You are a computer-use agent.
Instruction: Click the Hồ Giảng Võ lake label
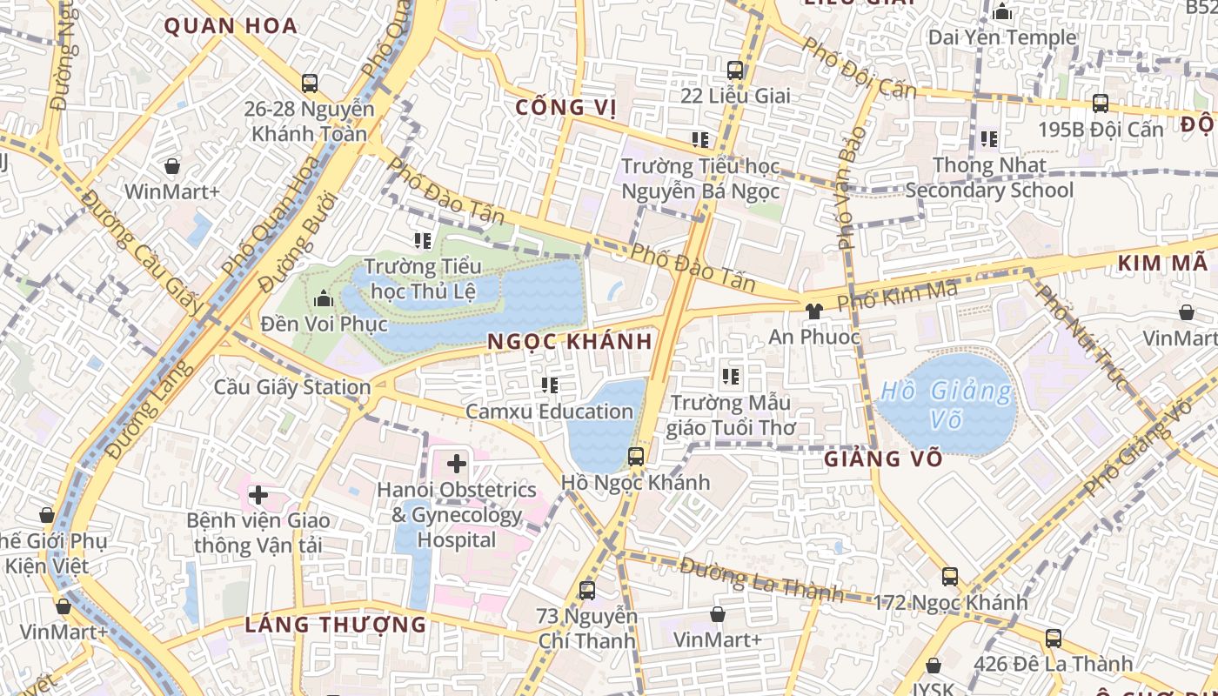[x=946, y=405]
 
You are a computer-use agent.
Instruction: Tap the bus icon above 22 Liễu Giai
[x=735, y=70]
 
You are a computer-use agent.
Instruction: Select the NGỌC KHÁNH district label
[x=570, y=342]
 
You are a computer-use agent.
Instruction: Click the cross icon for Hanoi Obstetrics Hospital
[x=456, y=464]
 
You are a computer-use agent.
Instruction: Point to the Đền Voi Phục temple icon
[x=324, y=299]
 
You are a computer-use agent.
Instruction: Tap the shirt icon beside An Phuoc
[x=813, y=311]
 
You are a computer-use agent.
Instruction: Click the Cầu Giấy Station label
[x=292, y=387]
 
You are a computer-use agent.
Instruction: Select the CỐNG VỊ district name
[x=566, y=108]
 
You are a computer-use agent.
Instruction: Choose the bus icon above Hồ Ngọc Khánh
[x=636, y=456]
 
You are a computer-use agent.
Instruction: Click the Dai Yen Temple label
[x=1002, y=37]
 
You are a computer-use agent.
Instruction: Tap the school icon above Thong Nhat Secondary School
[x=988, y=139]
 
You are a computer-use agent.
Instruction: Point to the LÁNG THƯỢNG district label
[x=336, y=625]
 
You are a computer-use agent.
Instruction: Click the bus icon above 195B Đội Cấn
[x=1101, y=104]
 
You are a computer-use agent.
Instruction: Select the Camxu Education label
[x=549, y=411]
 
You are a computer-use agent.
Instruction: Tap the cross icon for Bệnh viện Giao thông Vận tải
[x=258, y=495]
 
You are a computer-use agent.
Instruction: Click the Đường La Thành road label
[x=762, y=580]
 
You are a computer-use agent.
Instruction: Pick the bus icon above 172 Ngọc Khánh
[x=949, y=576]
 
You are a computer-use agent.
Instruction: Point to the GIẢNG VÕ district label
[x=883, y=458]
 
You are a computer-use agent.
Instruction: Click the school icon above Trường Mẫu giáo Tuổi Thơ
[x=731, y=377]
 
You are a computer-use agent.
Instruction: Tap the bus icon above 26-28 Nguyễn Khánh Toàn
[x=310, y=84]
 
